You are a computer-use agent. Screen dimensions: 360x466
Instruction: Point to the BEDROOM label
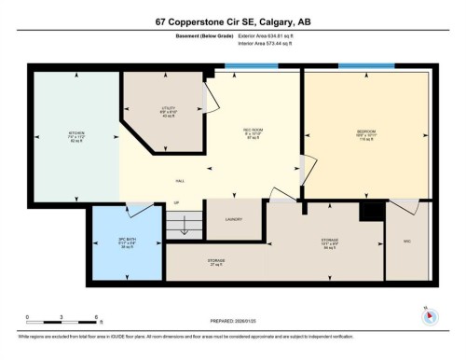pos(365,132)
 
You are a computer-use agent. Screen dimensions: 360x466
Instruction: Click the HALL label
pos(179,181)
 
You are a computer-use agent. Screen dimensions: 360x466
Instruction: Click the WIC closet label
pos(405,241)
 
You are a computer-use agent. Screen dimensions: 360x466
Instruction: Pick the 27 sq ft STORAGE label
pos(215,261)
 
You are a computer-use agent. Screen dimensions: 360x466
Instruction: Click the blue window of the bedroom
pos(365,66)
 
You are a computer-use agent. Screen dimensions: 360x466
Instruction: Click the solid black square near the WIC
pos(372,211)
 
